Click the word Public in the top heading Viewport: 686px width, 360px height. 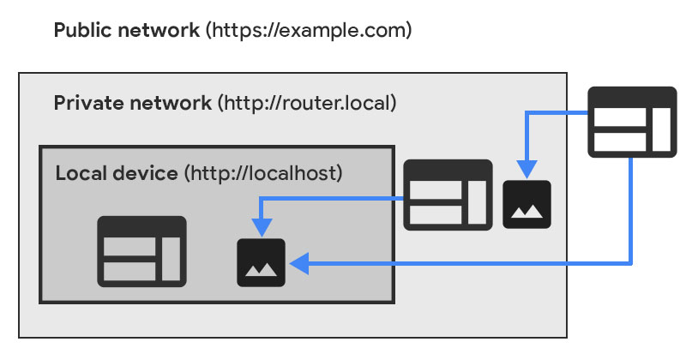(x=83, y=31)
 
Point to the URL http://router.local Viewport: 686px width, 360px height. (x=307, y=104)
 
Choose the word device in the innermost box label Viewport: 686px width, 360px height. (x=147, y=174)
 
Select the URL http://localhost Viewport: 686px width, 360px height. (x=263, y=174)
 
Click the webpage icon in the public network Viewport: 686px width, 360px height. (x=631, y=121)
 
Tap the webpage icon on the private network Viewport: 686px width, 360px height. (x=448, y=195)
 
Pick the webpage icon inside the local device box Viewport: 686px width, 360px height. (x=141, y=250)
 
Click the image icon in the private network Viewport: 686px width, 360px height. (x=527, y=204)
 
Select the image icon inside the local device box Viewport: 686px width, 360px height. (x=261, y=262)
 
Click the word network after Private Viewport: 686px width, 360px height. (x=181, y=104)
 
